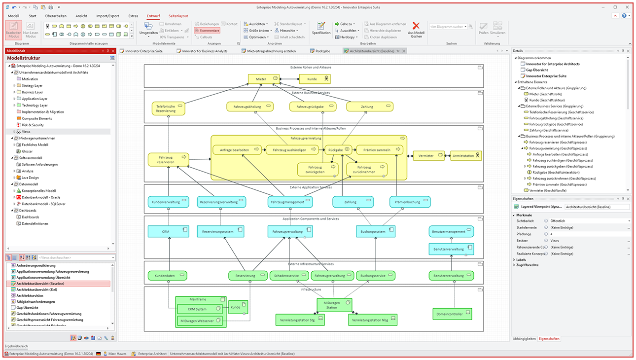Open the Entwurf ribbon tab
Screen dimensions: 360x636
tap(153, 16)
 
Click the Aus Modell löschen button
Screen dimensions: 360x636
tap(416, 31)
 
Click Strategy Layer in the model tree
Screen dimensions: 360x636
tap(32, 85)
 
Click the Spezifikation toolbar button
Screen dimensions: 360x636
tap(321, 29)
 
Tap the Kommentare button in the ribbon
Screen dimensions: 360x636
tap(207, 31)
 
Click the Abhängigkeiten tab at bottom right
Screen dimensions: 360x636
tap(524, 339)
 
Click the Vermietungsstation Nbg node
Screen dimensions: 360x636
tap(372, 320)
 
